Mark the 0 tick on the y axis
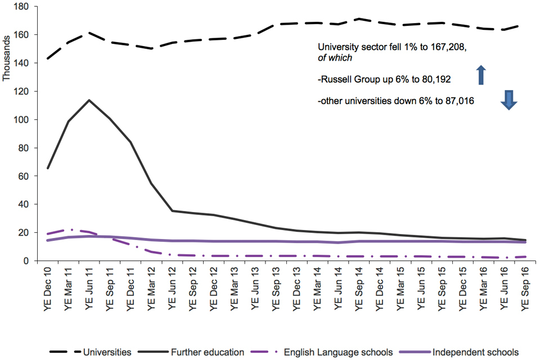point(26,260)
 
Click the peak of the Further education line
point(89,100)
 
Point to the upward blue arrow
point(481,75)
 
